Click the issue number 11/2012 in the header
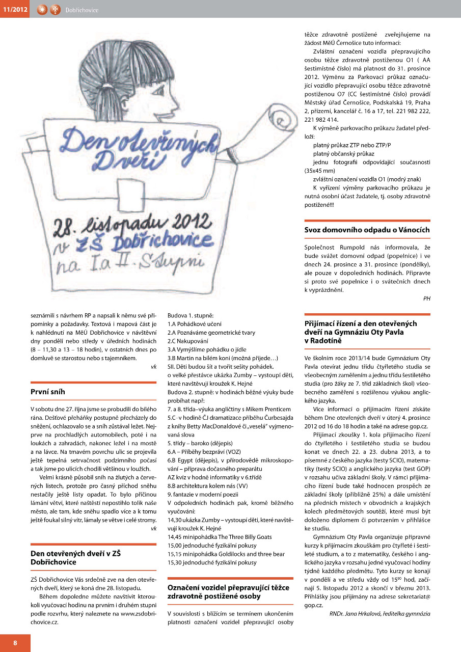pos(14,9)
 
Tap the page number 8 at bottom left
pos(15,643)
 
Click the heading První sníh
pos(48,392)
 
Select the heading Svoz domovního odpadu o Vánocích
pos(367,230)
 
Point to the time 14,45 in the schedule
pos(175,537)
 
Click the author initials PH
pos(426,298)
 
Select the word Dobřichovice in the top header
pos(82,10)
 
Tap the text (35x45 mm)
pos(319,170)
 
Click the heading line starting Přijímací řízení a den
pos(361,323)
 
